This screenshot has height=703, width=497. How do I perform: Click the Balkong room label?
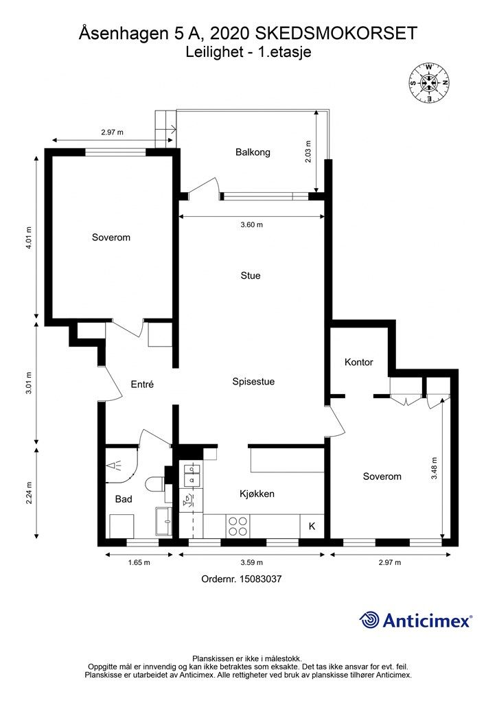pos(253,152)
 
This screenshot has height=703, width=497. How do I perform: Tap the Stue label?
pos(251,275)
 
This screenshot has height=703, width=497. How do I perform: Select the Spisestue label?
pos(253,382)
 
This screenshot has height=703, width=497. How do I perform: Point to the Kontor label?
pos(358,362)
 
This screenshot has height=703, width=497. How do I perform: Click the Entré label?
pos(142,384)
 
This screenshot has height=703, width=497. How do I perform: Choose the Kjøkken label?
pos(257,494)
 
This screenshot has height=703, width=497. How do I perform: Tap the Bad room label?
pos(124,499)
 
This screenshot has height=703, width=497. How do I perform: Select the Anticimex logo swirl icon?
pos(369,620)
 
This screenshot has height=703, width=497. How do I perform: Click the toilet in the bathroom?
pos(154,484)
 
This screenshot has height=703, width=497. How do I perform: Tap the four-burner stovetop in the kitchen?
pos(238,526)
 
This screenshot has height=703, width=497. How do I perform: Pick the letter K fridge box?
pos(312,526)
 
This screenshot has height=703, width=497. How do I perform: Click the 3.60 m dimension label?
pos(251,224)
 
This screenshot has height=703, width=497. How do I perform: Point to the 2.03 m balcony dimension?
pos(308,152)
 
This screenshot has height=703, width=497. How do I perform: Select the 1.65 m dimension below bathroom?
pos(139,563)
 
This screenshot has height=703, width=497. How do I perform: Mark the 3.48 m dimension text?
pos(434,468)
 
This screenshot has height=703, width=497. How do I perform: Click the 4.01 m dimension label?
pos(29,238)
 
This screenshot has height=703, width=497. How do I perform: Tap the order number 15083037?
pos(260,579)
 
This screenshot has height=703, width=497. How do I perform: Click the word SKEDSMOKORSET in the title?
pos(336,34)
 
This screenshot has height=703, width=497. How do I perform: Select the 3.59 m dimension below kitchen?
pos(251,563)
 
